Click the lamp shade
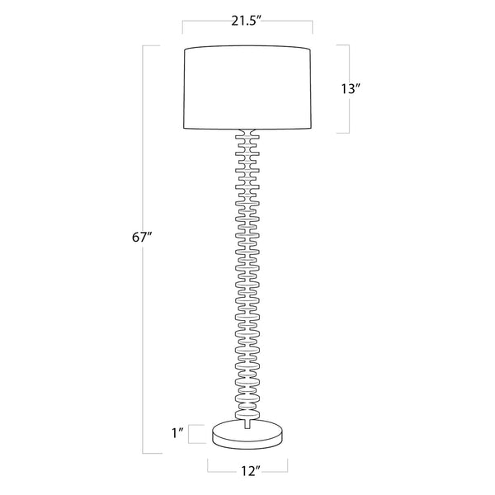tap(247, 89)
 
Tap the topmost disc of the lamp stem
tap(247, 134)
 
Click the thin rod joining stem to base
tap(247, 421)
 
